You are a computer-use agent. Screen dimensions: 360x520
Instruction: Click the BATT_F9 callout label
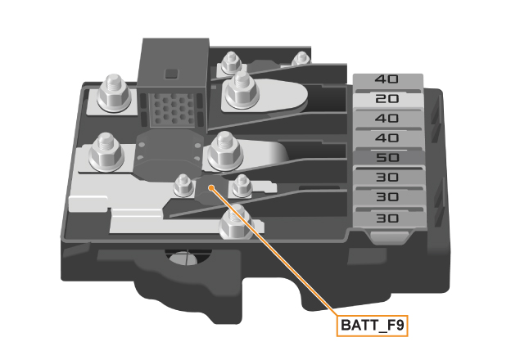coord(373,325)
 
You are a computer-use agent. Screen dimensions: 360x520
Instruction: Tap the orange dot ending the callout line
coord(212,187)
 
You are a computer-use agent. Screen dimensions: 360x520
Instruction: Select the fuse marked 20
coord(387,99)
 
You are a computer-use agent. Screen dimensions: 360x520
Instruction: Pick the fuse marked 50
coord(387,158)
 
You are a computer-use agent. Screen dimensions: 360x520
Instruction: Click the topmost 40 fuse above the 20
coord(387,80)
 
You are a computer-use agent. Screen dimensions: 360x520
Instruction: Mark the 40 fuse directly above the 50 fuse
coord(387,138)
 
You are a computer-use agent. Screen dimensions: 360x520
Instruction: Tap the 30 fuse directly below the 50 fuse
coord(387,178)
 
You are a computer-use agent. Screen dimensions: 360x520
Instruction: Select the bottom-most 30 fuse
coord(387,218)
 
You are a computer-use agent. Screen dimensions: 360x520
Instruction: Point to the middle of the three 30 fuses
coord(387,198)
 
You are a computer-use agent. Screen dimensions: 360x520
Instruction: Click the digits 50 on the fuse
coord(387,158)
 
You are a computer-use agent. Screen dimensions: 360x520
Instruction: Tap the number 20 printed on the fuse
coord(387,99)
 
